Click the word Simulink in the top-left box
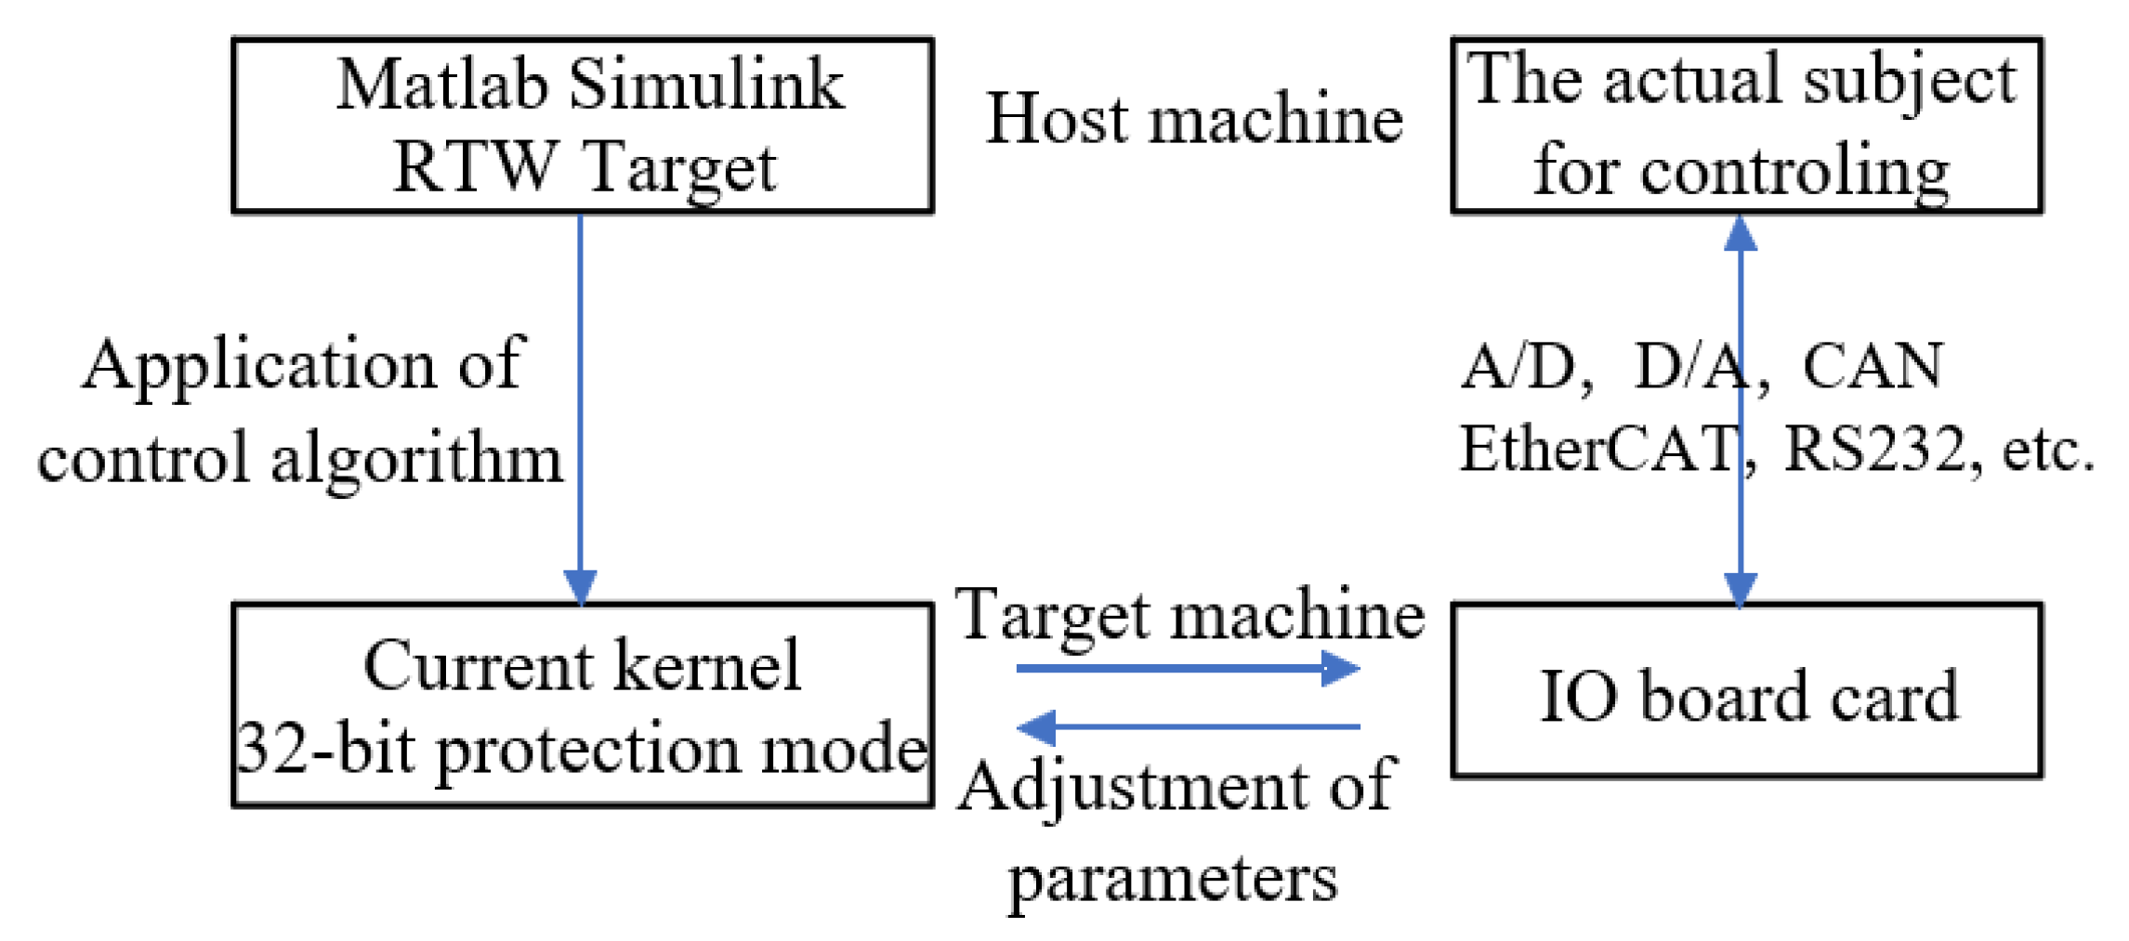(x=705, y=85)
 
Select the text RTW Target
(x=584, y=168)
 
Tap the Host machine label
(x=1193, y=119)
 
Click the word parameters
(x=1173, y=878)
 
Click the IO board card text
(x=1747, y=697)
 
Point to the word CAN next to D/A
(x=1872, y=366)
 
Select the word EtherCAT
(x=1597, y=450)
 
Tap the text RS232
(x=1873, y=450)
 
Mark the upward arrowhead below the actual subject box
(x=1740, y=233)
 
